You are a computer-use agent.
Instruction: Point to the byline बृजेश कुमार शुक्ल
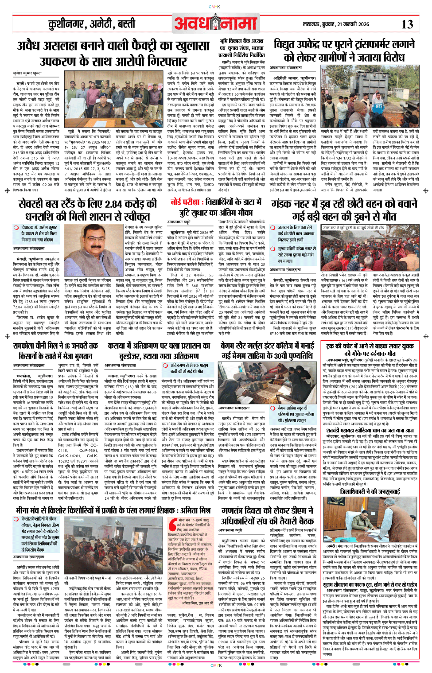(27, 73)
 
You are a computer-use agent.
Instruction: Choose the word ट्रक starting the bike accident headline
(331, 346)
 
